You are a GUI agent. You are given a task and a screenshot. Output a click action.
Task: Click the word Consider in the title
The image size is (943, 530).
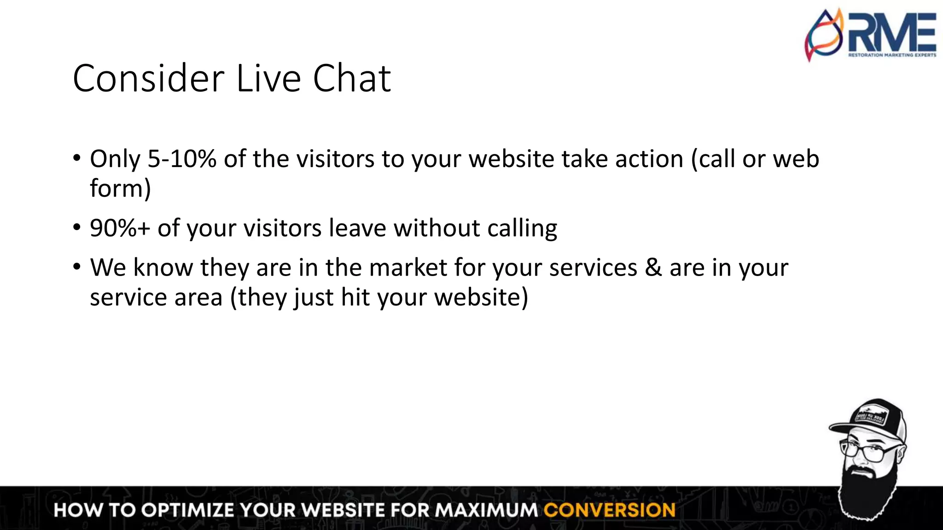click(149, 79)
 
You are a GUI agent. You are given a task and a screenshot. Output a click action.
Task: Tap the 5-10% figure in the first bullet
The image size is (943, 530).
click(181, 159)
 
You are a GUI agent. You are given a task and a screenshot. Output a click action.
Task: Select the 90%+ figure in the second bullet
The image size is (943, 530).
click(120, 228)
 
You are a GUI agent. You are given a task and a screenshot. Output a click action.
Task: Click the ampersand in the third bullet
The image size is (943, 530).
click(653, 268)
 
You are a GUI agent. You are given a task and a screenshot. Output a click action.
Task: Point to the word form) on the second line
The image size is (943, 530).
click(120, 189)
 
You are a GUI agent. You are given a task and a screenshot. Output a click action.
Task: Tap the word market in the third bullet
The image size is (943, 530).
click(408, 268)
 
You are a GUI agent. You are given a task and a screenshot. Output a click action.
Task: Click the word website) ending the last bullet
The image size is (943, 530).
click(481, 297)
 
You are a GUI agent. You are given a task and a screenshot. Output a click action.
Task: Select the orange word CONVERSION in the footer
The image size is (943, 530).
click(609, 510)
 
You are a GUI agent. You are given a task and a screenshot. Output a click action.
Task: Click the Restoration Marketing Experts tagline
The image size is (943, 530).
click(892, 55)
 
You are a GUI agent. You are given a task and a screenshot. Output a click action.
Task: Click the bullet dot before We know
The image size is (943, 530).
click(77, 267)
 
